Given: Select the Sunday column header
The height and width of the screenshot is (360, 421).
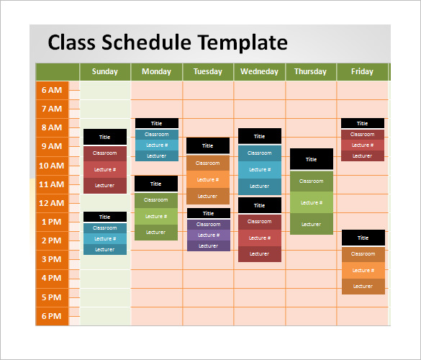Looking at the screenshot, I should [105, 72].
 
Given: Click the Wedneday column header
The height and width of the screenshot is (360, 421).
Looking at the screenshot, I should [259, 72].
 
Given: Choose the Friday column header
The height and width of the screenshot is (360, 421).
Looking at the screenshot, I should [362, 72].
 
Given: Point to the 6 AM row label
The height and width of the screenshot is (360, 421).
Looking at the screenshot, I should [52, 90].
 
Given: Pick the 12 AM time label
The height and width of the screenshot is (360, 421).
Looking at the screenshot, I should [52, 203].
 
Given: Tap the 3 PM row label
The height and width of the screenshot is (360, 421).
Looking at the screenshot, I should [52, 259].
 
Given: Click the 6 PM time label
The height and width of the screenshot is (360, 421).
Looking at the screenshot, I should [52, 316].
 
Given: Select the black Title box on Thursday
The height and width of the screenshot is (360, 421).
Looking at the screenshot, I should [311, 159].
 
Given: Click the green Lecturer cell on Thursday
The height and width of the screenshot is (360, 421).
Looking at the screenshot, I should [311, 224].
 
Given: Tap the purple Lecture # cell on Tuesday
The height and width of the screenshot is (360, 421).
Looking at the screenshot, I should [208, 235].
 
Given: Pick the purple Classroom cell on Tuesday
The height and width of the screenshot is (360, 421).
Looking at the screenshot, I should [208, 224].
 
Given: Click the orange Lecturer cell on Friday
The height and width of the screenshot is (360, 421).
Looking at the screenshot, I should [363, 287].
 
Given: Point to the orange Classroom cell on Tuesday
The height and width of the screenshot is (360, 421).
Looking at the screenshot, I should [207, 163].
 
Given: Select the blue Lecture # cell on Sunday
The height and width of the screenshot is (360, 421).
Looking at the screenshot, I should [104, 238].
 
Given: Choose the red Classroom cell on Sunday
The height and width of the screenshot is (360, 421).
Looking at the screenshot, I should [104, 153].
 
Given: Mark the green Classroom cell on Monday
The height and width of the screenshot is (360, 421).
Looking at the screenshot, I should [155, 200].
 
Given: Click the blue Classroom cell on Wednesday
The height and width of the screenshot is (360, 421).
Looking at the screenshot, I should [259, 153].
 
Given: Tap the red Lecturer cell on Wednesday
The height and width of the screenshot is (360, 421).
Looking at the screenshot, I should [259, 253].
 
